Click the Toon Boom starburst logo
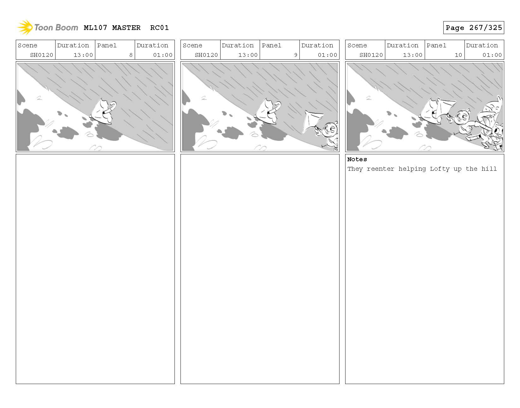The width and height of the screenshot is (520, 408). pyautogui.click(x=25, y=27)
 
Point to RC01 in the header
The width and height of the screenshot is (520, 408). pyautogui.click(x=159, y=28)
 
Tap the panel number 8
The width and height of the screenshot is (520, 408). pyautogui.click(x=131, y=55)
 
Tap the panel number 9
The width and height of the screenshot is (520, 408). pyautogui.click(x=295, y=55)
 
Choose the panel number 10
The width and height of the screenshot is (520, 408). pyautogui.click(x=458, y=55)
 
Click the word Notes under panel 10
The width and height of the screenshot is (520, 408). pyautogui.click(x=357, y=159)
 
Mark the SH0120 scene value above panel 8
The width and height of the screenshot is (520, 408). pyautogui.click(x=42, y=55)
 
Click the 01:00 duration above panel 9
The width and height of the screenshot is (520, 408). pyautogui.click(x=327, y=55)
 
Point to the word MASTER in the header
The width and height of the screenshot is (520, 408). pyautogui.click(x=126, y=28)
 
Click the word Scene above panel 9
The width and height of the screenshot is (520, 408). pyautogui.click(x=192, y=45)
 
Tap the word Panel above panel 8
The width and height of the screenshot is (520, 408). pyautogui.click(x=107, y=45)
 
